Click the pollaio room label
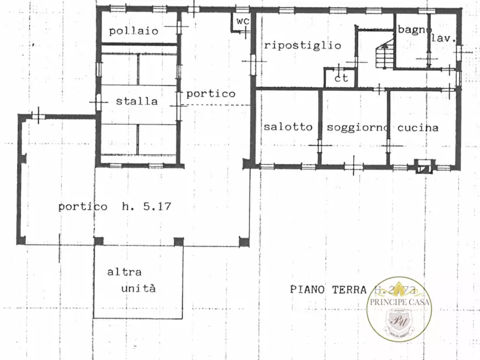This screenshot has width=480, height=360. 134,31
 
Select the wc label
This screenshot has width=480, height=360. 241,21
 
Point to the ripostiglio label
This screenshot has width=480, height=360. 302,46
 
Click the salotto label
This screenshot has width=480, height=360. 288,127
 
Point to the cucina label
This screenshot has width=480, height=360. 418,128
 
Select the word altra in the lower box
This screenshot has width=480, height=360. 124,272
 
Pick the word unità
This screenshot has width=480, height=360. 138,288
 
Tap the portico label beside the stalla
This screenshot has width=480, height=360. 211,93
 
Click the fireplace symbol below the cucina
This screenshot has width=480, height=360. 424,168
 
